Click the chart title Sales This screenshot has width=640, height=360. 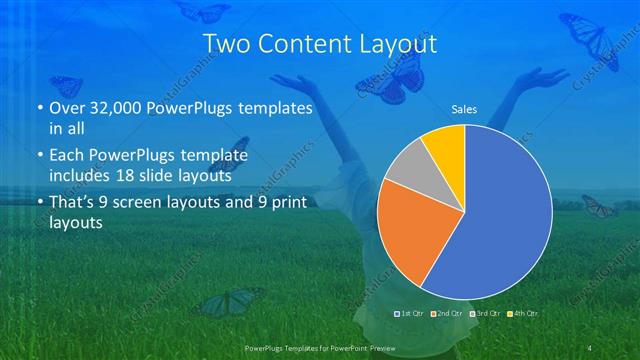click(464, 108)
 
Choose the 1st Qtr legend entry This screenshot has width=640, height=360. click(409, 314)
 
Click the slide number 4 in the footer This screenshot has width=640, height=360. click(591, 346)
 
